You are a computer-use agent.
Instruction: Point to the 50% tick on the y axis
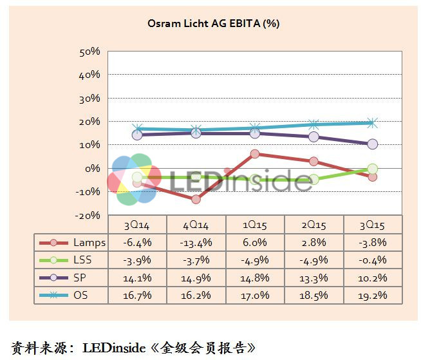[x=89, y=52]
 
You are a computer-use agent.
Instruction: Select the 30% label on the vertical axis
[x=89, y=99]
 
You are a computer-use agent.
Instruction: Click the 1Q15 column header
[x=255, y=225]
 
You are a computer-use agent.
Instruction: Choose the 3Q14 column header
[x=136, y=225]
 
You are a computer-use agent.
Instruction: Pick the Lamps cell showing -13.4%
[x=196, y=242]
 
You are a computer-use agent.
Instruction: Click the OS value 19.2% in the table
[x=372, y=296]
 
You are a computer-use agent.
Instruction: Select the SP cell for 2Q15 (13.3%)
[x=313, y=278]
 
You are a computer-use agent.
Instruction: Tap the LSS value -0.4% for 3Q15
[x=372, y=260]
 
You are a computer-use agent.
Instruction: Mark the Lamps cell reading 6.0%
[x=255, y=242]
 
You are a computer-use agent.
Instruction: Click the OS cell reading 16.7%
[x=136, y=296]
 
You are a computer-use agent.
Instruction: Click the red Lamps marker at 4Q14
[x=196, y=199]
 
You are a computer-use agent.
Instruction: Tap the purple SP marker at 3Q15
[x=372, y=144]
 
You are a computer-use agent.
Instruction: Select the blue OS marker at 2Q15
[x=313, y=124]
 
